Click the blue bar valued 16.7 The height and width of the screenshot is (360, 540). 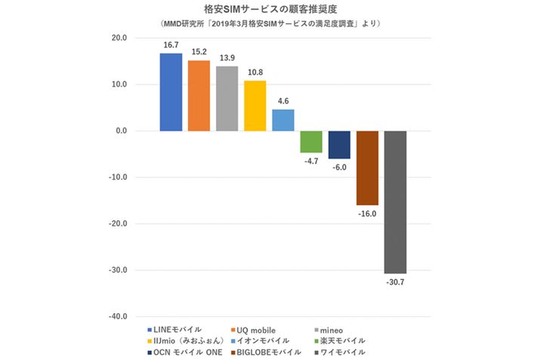click(x=171, y=92)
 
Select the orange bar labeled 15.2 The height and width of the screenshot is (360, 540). click(x=199, y=96)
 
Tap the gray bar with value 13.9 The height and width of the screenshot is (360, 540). click(x=227, y=99)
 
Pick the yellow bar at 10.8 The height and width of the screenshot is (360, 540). click(x=255, y=106)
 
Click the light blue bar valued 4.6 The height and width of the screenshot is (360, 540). click(x=282, y=120)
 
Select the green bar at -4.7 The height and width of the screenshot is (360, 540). click(x=311, y=142)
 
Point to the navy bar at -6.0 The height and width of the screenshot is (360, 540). click(x=339, y=145)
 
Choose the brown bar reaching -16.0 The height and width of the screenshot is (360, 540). click(x=367, y=168)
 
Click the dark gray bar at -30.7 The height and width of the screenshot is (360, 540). click(x=395, y=202)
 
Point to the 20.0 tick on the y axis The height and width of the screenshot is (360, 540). click(x=119, y=38)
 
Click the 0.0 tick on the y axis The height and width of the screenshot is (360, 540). click(x=121, y=131)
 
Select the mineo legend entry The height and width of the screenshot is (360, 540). click(x=333, y=330)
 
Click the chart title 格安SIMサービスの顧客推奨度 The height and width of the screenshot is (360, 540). click(x=270, y=9)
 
